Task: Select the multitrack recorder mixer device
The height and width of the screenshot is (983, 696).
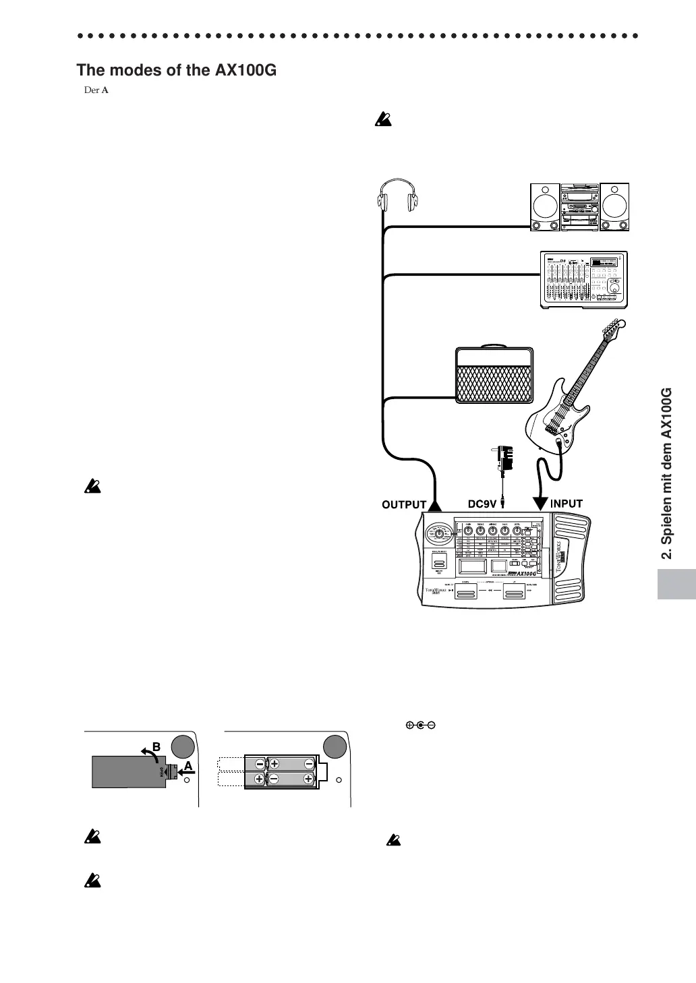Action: (x=583, y=280)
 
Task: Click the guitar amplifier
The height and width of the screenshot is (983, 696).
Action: (x=495, y=376)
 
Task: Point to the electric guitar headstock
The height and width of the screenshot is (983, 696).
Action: (x=612, y=328)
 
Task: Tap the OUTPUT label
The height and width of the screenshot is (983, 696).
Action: (x=404, y=504)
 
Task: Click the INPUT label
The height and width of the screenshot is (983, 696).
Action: (x=567, y=504)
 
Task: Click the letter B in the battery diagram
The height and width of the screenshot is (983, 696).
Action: (x=156, y=747)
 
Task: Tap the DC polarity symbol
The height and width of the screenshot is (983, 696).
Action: (x=419, y=725)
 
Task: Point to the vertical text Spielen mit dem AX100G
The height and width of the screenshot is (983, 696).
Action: (x=668, y=473)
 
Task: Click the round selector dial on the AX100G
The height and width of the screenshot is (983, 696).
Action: (x=439, y=534)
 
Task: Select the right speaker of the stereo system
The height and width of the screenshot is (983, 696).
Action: (x=614, y=208)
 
